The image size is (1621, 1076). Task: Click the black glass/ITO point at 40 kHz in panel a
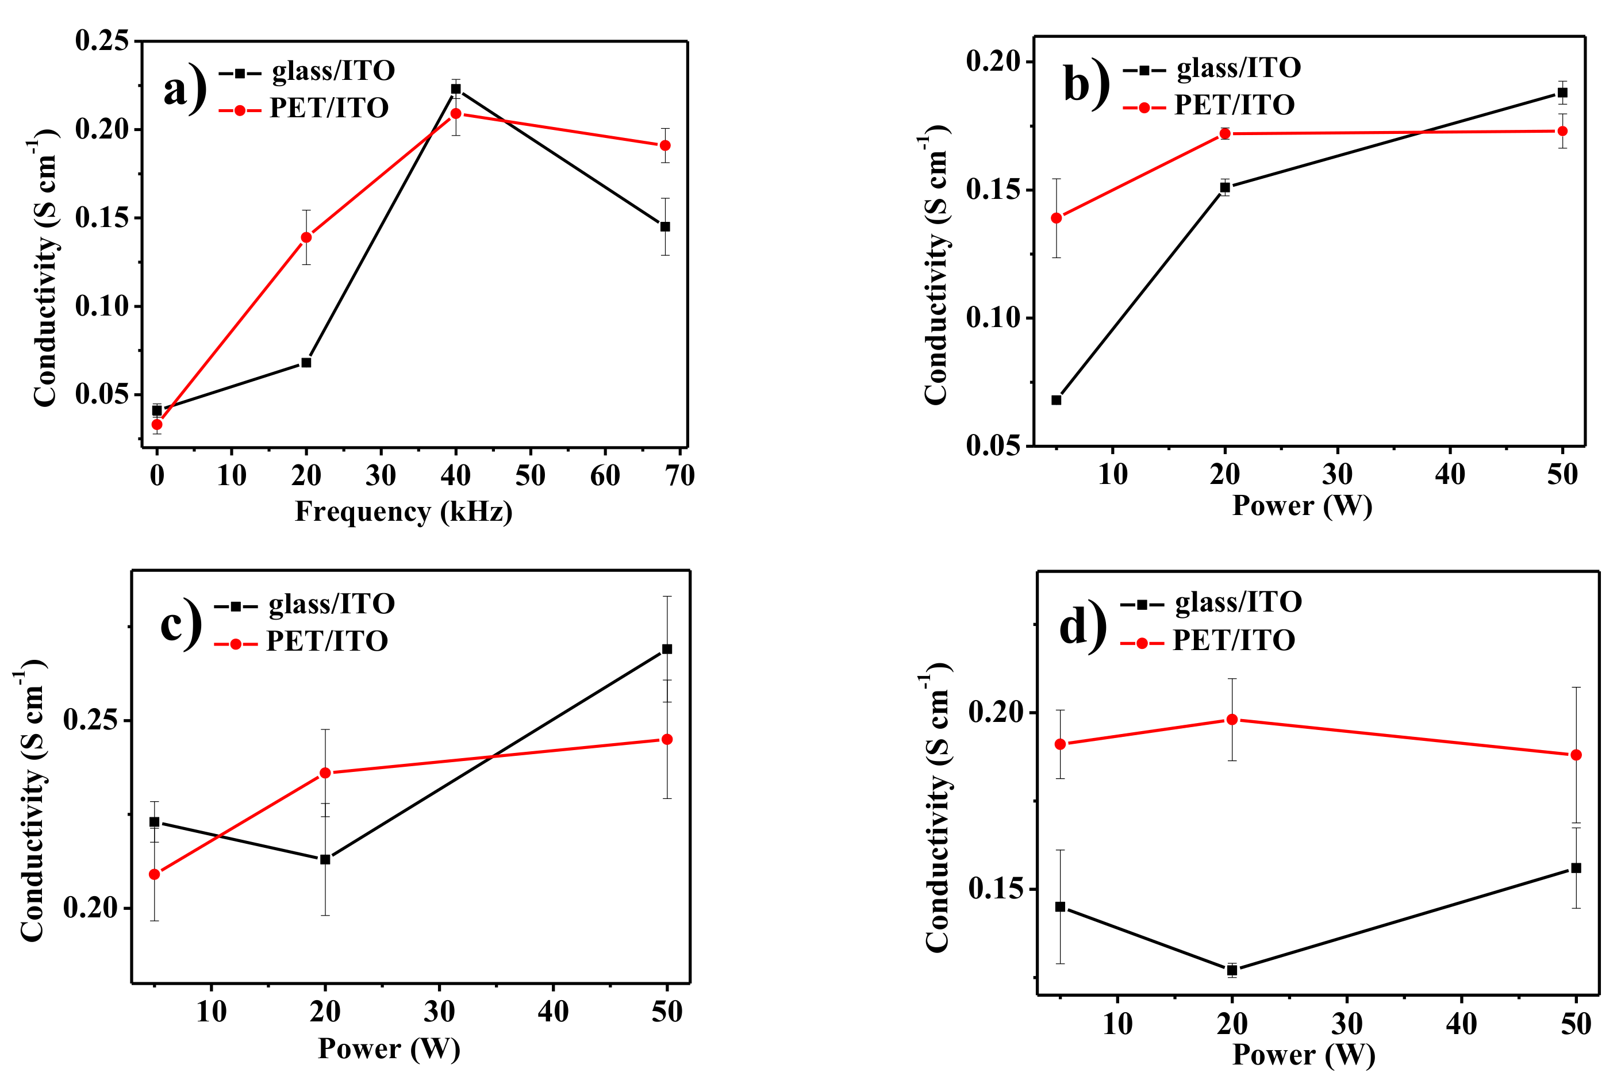(x=456, y=89)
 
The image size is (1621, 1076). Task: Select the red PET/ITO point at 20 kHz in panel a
(x=306, y=237)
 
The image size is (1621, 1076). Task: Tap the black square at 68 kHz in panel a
(x=665, y=226)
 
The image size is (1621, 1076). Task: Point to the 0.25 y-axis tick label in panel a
(x=102, y=41)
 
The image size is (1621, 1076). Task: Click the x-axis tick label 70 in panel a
(x=679, y=475)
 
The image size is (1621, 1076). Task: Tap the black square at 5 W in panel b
(x=1056, y=400)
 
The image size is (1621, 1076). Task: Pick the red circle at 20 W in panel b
(x=1225, y=134)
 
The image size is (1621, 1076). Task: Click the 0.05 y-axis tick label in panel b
(x=992, y=446)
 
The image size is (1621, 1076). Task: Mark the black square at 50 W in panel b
(x=1563, y=93)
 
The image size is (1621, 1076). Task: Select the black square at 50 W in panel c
(x=666, y=649)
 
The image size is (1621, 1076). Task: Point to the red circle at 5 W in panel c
(x=155, y=874)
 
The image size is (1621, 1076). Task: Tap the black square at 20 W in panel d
(x=1232, y=970)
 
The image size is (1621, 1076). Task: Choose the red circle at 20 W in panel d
(x=1232, y=720)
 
